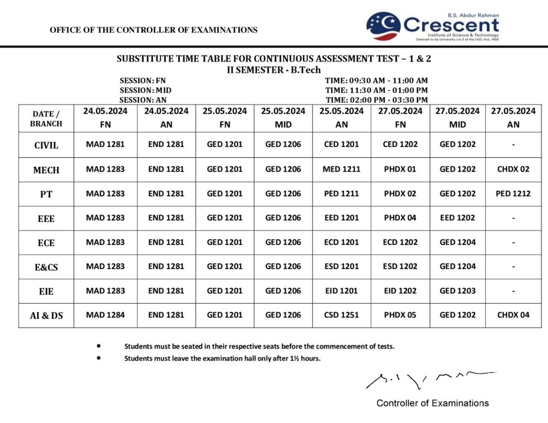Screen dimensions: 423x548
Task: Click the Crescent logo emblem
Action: (383, 26)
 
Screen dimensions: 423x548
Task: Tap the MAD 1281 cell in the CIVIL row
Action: (105, 144)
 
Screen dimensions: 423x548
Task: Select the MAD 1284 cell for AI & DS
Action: (105, 315)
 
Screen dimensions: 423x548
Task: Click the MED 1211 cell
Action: (341, 169)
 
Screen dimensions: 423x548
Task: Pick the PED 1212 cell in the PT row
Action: (513, 194)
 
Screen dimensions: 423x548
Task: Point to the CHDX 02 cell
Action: (513, 169)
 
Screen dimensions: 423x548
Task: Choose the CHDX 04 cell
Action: (513, 315)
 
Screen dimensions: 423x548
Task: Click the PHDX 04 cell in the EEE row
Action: (400, 218)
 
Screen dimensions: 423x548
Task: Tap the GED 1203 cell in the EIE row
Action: (458, 290)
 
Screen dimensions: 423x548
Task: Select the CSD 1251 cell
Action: (341, 315)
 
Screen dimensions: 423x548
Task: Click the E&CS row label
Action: (46, 267)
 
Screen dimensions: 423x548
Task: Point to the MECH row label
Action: (46, 170)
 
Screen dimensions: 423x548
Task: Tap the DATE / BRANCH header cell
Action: (46, 119)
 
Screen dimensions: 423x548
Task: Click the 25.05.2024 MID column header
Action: (283, 118)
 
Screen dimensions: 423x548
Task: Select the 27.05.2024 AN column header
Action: (513, 118)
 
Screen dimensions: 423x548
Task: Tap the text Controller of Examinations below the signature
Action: (432, 403)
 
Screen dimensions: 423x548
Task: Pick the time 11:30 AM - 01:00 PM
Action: (376, 90)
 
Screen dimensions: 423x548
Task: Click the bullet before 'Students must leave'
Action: (98, 358)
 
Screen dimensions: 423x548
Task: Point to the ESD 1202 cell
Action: (400, 266)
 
